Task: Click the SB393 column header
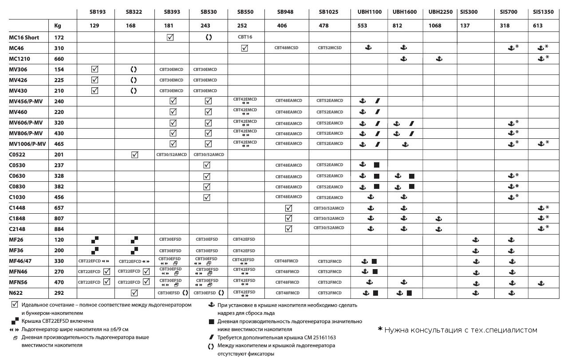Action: (172, 12)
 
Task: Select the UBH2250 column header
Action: (440, 12)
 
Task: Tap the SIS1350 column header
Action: (543, 12)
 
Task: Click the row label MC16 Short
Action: (24, 38)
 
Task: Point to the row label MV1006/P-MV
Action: (28, 144)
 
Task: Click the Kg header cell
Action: (58, 26)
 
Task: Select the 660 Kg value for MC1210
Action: (59, 59)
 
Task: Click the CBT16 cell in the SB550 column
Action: (244, 37)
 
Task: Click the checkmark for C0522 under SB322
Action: (135, 155)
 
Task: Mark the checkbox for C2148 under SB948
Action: (288, 229)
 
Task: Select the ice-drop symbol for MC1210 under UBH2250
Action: (439, 59)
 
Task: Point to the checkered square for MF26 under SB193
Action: (94, 240)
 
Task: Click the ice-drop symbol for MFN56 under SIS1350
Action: (541, 282)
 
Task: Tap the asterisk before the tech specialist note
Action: (380, 329)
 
